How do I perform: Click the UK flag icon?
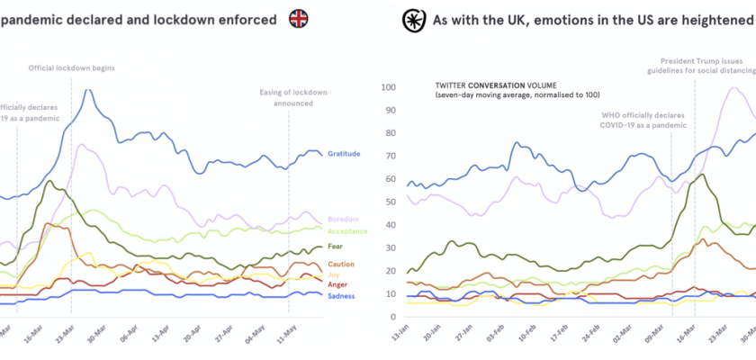coord(298,18)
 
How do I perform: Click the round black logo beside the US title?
coord(413,18)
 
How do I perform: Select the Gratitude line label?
coord(343,154)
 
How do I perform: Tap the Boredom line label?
coord(343,219)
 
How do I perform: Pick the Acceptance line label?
coord(347,230)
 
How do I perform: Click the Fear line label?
coord(337,247)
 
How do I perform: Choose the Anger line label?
coord(338,284)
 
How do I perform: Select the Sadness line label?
coord(341,296)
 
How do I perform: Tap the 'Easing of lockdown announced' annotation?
coord(292,98)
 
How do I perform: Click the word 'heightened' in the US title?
coord(708,19)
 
